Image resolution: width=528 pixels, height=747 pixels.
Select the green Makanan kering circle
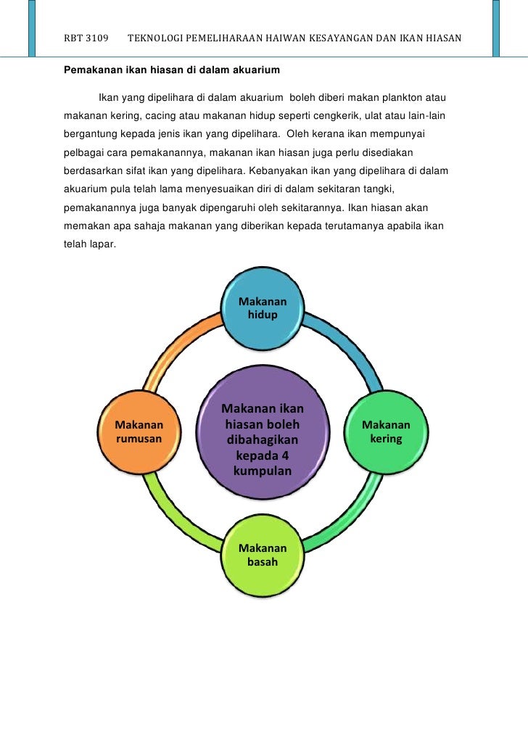386,432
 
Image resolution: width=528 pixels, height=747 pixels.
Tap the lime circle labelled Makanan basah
263,556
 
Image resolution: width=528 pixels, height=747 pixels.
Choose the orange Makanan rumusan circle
139,432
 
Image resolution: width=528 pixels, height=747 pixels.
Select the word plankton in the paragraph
396,97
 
